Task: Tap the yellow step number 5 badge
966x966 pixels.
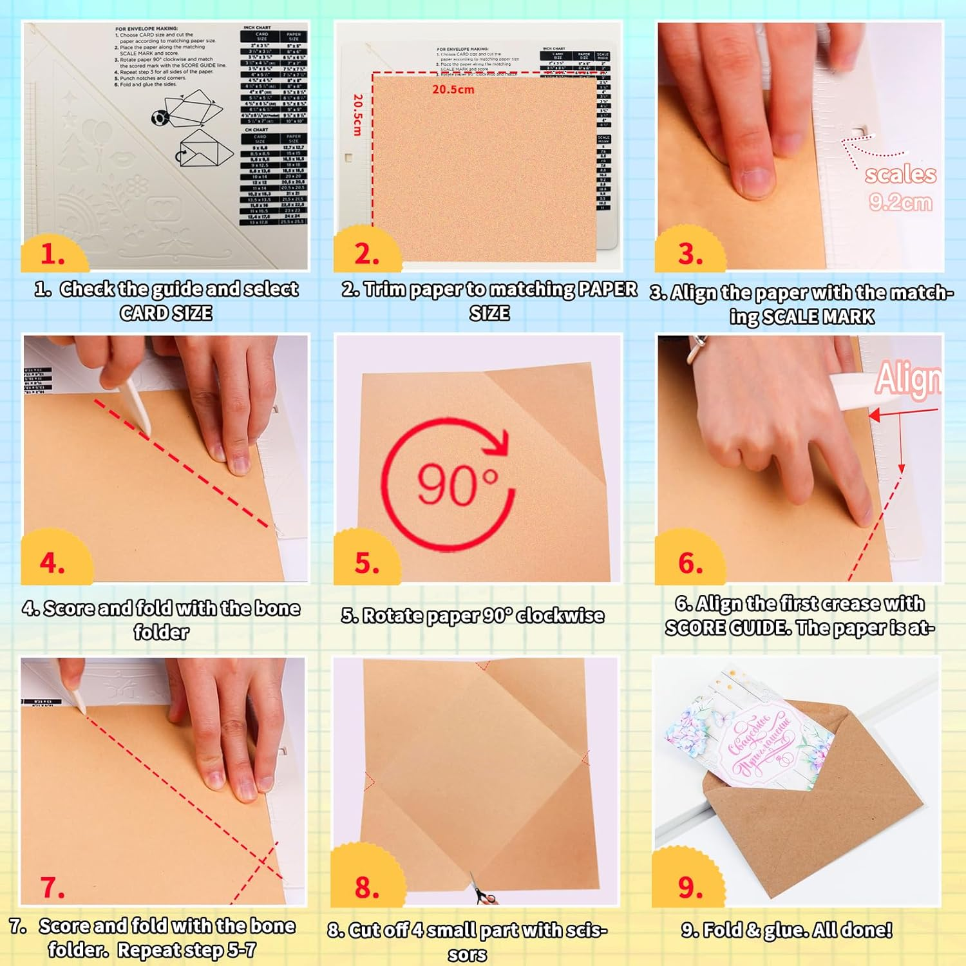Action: [366, 562]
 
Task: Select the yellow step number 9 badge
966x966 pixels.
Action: [689, 887]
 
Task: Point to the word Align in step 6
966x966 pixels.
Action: [908, 379]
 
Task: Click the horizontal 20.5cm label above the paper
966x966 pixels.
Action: [453, 90]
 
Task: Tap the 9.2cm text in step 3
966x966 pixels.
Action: [900, 202]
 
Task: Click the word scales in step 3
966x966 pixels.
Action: [900, 174]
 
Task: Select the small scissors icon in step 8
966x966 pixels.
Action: [484, 892]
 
